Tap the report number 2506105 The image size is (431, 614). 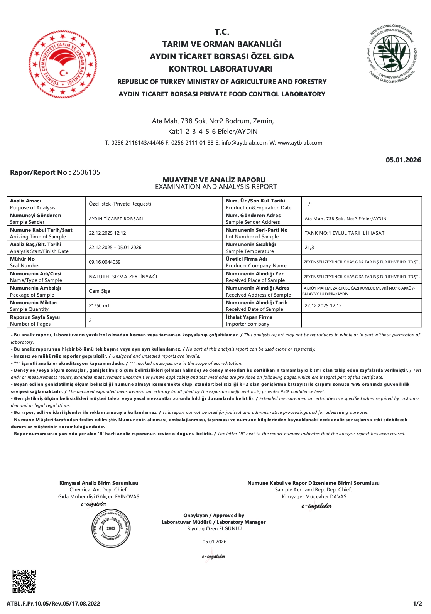coord(86,172)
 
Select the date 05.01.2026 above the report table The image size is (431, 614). coord(403,160)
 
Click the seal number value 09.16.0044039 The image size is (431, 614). coord(105,262)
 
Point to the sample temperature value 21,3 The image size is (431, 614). coord(309,248)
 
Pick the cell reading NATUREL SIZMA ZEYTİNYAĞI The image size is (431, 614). coord(123,277)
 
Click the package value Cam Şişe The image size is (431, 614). coord(100,291)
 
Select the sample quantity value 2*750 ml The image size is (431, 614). coord(99,306)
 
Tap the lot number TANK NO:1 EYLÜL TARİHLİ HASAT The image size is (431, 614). coord(345,233)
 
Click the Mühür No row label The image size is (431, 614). coord(22,259)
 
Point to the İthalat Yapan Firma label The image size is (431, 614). coord(249,317)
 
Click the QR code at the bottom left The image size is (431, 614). coord(24,581)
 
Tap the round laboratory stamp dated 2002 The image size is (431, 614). coord(111,528)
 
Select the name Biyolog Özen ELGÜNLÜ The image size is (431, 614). coord(214,529)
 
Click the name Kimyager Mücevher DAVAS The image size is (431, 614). coord(314,497)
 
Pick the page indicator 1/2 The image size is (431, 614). coord(417,604)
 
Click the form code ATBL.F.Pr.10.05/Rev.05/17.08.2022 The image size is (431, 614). coord(53,604)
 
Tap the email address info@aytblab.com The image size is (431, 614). coord(244,143)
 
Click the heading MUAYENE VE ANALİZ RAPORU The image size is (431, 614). coord(214,180)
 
